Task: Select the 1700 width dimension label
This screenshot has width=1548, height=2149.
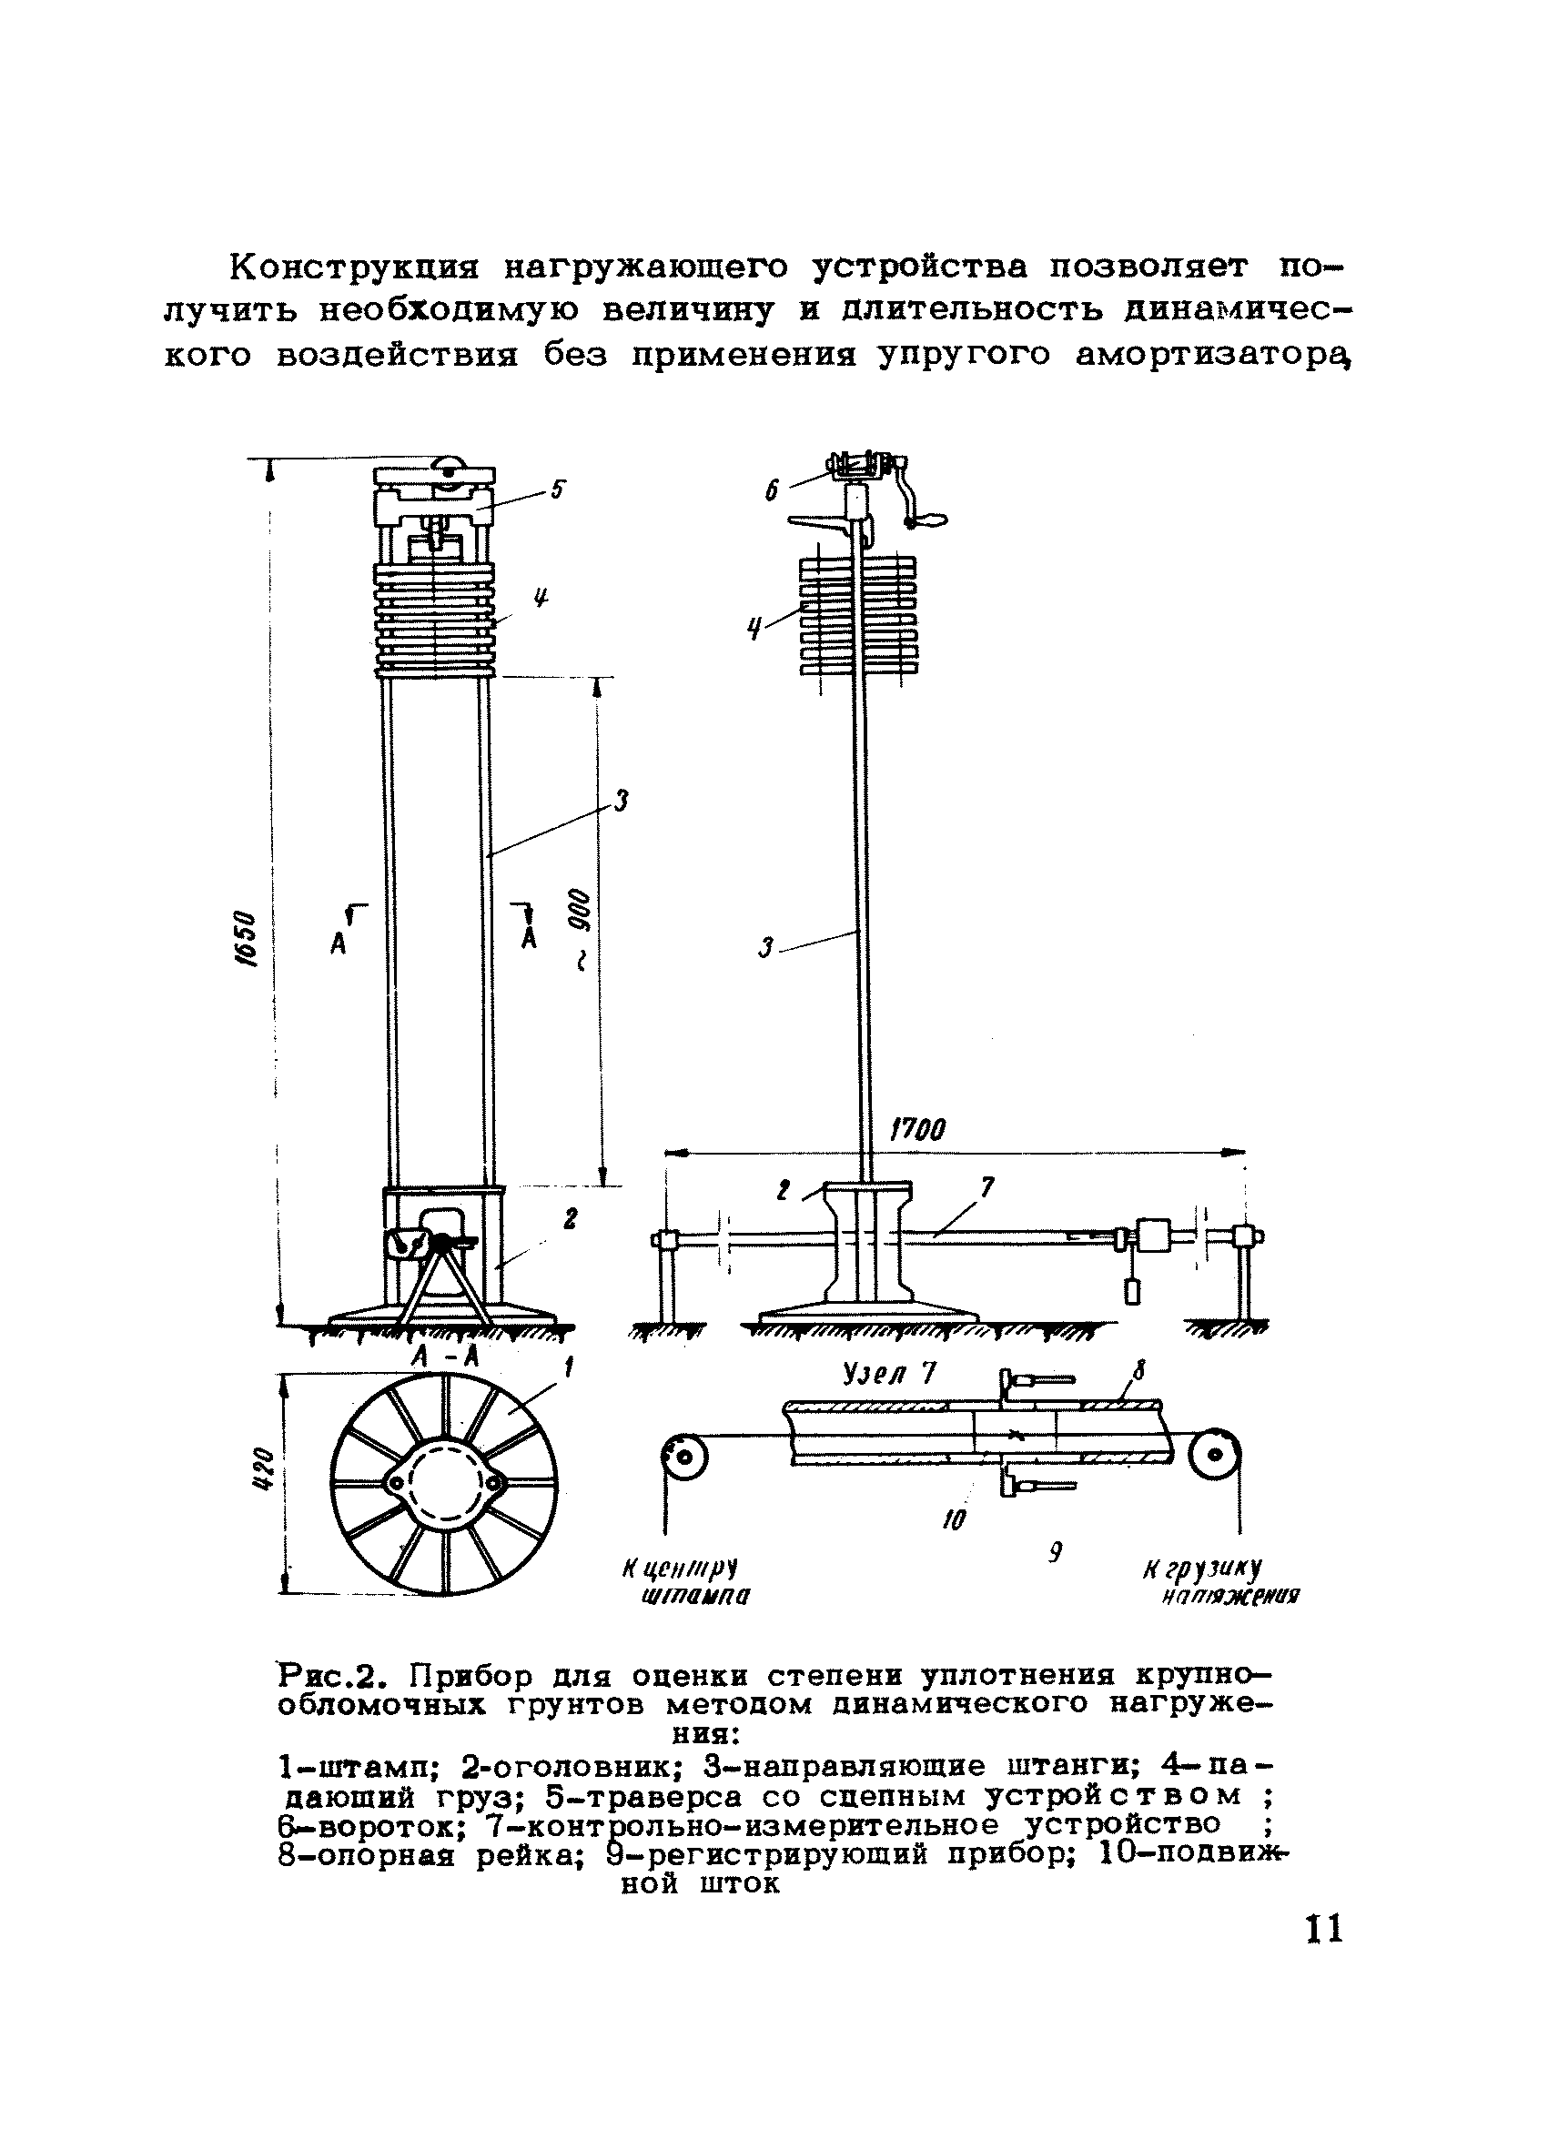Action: tap(916, 1129)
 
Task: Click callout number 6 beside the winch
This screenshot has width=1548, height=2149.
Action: tap(772, 489)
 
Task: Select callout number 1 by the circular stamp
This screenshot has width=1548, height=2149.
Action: tap(570, 1368)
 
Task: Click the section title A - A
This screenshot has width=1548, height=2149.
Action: tap(446, 1357)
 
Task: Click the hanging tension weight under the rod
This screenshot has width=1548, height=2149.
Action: tap(1134, 1290)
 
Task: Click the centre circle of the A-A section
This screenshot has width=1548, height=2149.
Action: tap(445, 1482)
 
